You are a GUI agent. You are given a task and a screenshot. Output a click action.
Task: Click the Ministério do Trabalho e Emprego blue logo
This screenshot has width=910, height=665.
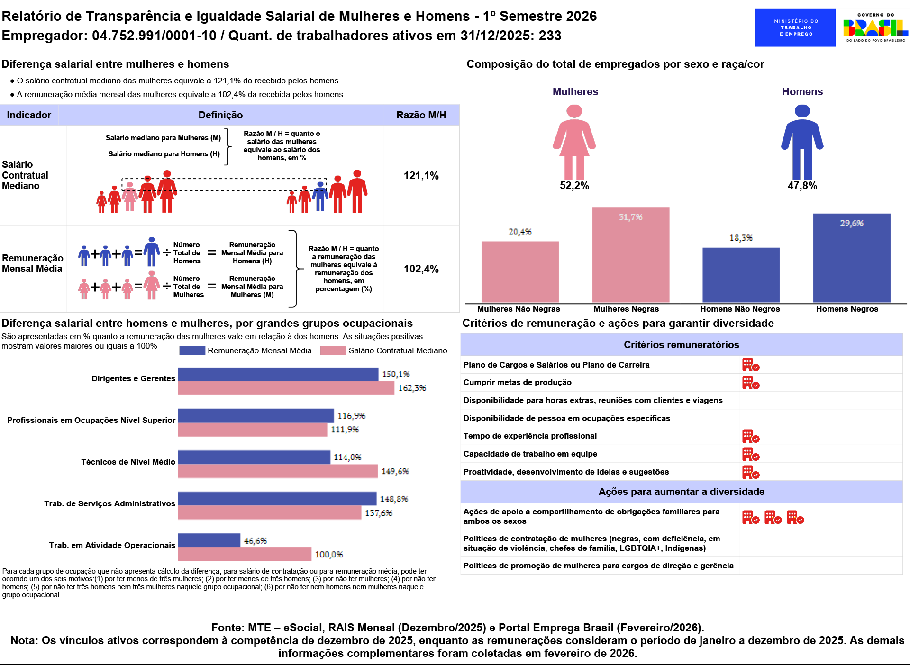click(795, 27)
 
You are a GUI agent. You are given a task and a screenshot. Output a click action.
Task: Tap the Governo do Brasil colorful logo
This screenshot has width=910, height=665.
click(875, 28)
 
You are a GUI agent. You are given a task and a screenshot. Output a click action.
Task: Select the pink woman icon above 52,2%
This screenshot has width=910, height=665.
click(574, 142)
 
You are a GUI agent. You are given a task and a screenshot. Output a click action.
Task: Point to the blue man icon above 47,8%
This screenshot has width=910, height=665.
click(802, 142)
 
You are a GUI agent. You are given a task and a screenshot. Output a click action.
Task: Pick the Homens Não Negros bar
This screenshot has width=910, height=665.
click(741, 275)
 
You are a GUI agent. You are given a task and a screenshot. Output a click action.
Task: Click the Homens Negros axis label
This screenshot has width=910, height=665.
click(847, 309)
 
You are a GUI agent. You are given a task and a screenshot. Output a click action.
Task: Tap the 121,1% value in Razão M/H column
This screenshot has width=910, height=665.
click(421, 176)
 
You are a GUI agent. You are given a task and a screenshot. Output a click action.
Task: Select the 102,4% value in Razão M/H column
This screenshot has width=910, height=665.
click(421, 269)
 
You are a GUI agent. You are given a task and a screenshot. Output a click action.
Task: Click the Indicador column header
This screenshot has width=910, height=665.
click(29, 115)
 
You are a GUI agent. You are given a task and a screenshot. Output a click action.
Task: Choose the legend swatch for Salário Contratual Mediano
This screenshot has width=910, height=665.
click(333, 350)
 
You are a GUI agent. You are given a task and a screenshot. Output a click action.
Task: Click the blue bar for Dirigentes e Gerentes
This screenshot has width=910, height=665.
click(278, 374)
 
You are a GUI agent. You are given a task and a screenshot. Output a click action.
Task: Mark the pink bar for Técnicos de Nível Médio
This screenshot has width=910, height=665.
click(278, 471)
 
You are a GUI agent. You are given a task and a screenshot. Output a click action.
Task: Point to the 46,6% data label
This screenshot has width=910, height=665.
click(255, 541)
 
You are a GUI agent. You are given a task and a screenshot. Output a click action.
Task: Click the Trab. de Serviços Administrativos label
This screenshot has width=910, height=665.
click(109, 503)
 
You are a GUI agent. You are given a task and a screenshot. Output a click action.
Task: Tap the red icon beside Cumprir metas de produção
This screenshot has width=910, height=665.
click(751, 383)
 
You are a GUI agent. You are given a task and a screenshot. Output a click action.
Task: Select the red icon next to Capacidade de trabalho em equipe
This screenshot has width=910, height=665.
click(751, 454)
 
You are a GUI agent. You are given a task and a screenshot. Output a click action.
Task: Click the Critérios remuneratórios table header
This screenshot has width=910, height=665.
click(681, 345)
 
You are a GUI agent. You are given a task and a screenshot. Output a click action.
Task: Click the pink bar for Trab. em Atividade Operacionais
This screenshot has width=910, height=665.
click(245, 554)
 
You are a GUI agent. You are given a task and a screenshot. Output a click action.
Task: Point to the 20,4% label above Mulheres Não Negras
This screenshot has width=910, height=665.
click(520, 232)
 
